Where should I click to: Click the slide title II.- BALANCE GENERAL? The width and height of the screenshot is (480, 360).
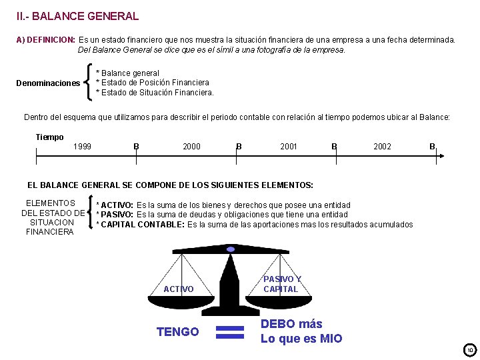click(x=78, y=16)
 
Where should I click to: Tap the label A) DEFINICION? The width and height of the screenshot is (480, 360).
click(x=45, y=40)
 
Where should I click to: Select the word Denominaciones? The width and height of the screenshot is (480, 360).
click(x=48, y=83)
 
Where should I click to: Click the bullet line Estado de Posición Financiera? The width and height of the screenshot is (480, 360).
click(x=153, y=83)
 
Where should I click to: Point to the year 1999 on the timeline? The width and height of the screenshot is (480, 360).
click(x=83, y=147)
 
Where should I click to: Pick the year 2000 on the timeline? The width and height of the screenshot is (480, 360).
click(x=191, y=147)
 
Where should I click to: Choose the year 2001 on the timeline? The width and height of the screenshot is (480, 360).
click(x=289, y=147)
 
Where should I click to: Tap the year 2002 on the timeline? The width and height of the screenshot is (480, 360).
click(x=382, y=147)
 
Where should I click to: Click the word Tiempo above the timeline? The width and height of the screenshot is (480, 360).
click(x=49, y=137)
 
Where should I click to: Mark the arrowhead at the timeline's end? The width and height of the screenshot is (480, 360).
click(x=441, y=156)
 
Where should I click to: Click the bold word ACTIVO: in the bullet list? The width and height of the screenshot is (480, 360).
click(x=117, y=205)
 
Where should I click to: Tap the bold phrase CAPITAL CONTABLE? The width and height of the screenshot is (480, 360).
click(x=143, y=225)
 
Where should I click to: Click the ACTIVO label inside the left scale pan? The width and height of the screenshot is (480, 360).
click(x=179, y=289)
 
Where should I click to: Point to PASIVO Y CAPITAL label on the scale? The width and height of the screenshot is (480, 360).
click(x=281, y=284)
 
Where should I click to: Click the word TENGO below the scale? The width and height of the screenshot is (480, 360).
click(x=177, y=332)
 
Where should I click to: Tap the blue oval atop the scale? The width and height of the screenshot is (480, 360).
click(x=231, y=249)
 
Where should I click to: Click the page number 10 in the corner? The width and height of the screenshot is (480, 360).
click(x=469, y=350)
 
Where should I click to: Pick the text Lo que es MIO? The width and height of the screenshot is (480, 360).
click(x=301, y=339)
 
